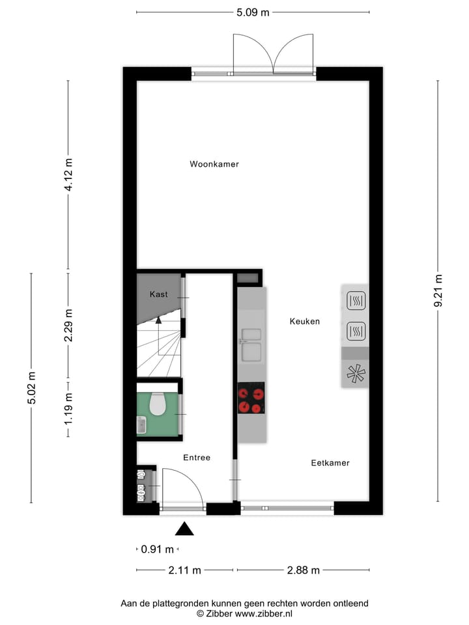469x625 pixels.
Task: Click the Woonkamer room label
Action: click(214, 164)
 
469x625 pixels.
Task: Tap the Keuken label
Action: click(304, 321)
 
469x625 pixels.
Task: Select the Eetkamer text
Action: click(330, 463)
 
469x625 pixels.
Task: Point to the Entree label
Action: click(196, 458)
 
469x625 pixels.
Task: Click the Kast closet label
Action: click(158, 294)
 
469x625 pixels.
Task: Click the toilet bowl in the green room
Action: click(158, 406)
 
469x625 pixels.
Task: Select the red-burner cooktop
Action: click(251, 398)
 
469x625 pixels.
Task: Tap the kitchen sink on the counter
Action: click(251, 345)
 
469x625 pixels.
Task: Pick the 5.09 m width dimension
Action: click(252, 12)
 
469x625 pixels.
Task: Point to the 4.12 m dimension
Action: click(68, 176)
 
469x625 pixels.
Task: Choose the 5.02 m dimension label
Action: click(31, 387)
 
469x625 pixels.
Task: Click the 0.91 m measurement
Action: click(158, 549)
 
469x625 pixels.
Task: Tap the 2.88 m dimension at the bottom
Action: click(304, 571)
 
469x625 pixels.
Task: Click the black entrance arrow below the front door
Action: click(185, 529)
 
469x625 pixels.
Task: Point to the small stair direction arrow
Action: click(158, 319)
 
